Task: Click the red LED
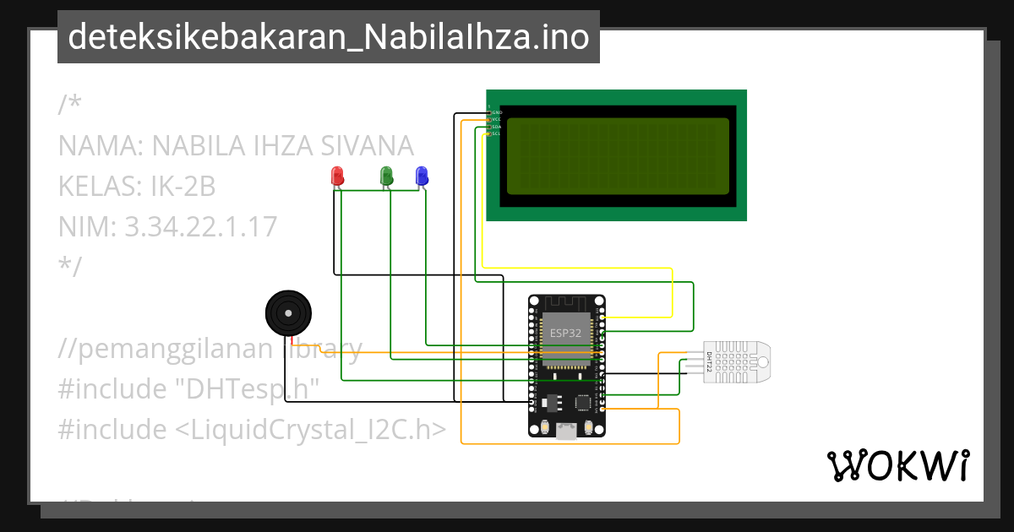337,176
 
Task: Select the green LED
387,176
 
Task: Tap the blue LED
422,176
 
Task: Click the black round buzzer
288,313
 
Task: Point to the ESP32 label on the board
565,333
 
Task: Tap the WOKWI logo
897,465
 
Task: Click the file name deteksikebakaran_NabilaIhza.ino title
329,37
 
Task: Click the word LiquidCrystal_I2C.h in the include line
310,430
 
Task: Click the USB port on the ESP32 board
566,432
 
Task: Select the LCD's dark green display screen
617,155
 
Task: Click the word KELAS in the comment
93,186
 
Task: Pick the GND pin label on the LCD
497,112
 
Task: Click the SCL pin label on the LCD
497,133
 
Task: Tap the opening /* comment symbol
70,105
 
